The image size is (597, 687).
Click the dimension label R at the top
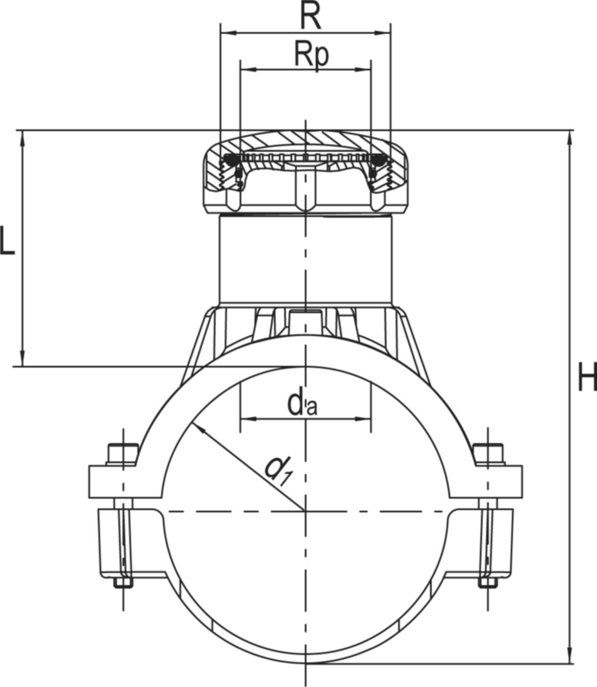310,19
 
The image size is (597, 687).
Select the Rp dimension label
311,54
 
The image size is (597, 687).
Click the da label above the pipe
302,404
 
